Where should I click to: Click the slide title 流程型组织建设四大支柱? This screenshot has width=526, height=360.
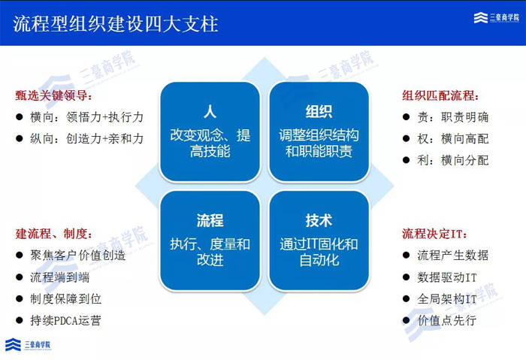[116, 24]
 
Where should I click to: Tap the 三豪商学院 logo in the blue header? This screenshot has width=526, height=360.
[496, 17]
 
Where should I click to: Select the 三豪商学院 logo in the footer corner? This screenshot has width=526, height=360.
[29, 344]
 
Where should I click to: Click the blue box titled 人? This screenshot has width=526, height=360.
[210, 132]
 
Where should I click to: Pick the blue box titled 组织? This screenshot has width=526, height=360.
[319, 132]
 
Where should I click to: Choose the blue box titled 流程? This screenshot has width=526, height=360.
[210, 241]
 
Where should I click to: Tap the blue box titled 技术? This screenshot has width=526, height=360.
[319, 241]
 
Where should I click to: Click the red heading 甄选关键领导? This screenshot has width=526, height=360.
[53, 95]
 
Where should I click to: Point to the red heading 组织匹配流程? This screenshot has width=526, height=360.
[440, 95]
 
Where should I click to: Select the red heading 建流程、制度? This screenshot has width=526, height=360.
[53, 234]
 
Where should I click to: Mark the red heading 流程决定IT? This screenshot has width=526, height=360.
[434, 234]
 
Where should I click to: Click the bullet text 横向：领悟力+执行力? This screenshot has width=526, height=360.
[86, 117]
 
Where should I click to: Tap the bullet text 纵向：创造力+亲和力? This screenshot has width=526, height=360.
[86, 138]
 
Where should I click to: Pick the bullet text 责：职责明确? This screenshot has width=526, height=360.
[453, 117]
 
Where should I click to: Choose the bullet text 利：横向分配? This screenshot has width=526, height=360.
[453, 160]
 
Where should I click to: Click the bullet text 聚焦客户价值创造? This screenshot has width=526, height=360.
[78, 256]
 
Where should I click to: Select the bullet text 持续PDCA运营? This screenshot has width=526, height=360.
[65, 320]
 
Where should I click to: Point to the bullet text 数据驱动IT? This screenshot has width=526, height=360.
[447, 277]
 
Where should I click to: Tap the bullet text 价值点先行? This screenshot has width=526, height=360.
[447, 320]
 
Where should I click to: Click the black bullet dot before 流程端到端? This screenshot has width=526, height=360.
[19, 277]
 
